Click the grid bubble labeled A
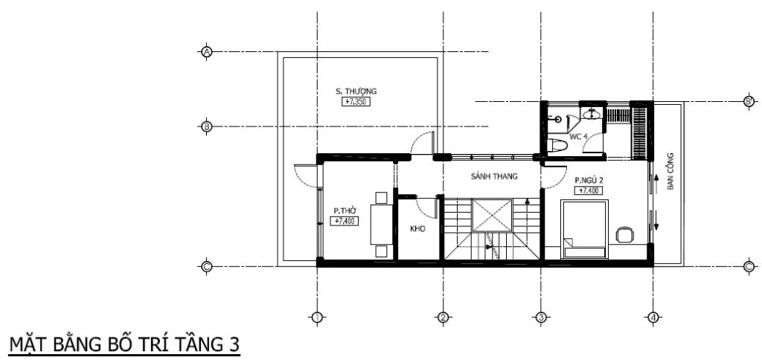207,51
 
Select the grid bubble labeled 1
317,318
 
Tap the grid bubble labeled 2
443,318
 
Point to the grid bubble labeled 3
541,318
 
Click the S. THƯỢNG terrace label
356,91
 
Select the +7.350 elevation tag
357,102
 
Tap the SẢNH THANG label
494,176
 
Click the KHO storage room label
417,229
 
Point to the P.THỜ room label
345,210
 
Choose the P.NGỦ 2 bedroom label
589,181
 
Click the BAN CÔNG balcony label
670,171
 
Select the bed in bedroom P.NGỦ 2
584,229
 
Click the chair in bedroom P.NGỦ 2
625,234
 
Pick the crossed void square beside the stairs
493,215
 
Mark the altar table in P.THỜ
381,225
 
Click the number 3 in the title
234,344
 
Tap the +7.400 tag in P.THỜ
345,221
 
